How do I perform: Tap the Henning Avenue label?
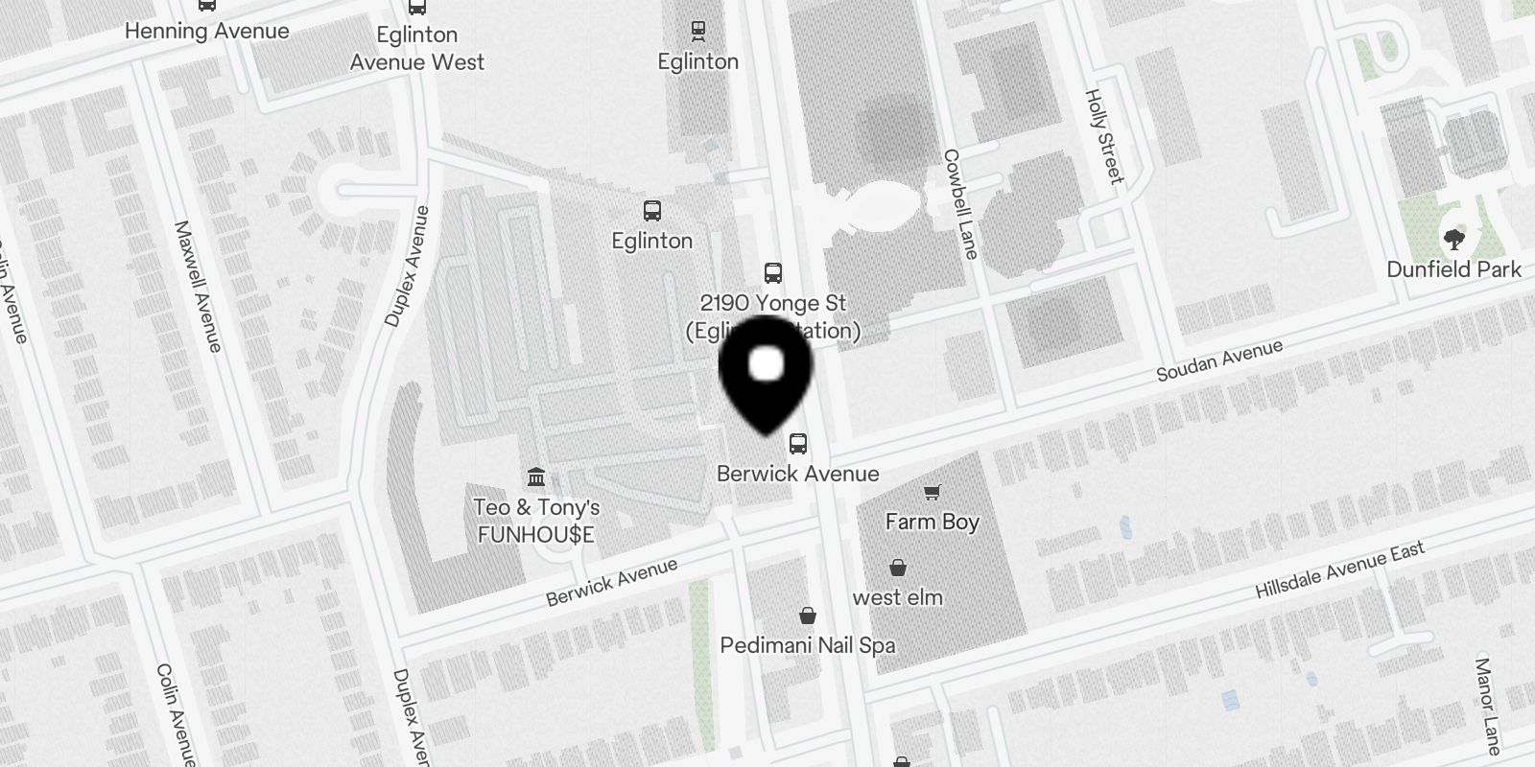point(206,31)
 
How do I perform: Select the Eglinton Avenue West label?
point(416,48)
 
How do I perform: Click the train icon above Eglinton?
point(697,31)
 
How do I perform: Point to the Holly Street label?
point(1103,136)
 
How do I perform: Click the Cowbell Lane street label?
point(960,203)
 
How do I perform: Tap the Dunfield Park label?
point(1453,269)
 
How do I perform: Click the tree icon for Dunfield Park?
point(1453,240)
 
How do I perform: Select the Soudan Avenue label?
point(1218,360)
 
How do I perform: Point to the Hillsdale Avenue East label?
point(1339,569)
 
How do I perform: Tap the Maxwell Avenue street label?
point(198,286)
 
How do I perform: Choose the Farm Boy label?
point(932,522)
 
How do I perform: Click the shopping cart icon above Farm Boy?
point(931,493)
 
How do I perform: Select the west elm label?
point(897,597)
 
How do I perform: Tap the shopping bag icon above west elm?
point(897,568)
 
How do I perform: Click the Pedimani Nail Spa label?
point(808,645)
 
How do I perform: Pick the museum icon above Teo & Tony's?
point(536,476)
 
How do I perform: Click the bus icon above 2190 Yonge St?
point(772,273)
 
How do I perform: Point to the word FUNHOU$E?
point(536,534)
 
